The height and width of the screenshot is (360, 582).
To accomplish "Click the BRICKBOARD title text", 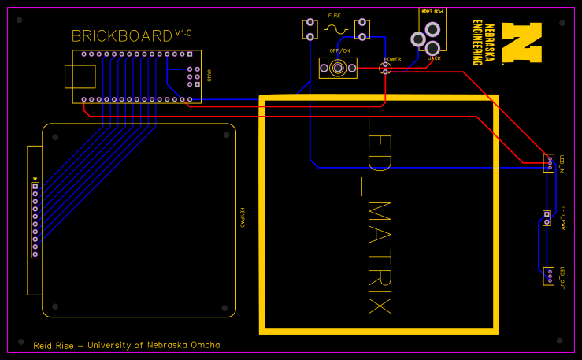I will tap(121, 36).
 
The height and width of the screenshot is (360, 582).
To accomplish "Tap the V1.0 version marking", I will tap(183, 33).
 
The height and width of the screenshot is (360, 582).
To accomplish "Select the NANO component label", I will tap(209, 75).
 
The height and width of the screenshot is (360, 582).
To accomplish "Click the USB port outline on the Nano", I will tap(80, 76).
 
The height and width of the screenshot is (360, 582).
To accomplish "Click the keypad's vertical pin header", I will tap(35, 220).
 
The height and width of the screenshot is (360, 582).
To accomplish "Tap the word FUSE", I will tap(334, 16).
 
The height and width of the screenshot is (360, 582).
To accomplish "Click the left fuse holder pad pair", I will tap(310, 30).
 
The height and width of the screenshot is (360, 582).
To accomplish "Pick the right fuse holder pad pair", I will tap(362, 30).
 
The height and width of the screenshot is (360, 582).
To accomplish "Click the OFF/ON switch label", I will tap(339, 50).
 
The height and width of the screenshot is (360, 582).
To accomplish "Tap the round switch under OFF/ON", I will tap(338, 69).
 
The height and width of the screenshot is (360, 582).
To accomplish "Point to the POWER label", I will tap(391, 59).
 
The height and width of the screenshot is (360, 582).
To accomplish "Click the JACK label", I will tap(434, 58).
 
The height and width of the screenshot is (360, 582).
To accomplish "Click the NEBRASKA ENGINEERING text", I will tap(484, 42).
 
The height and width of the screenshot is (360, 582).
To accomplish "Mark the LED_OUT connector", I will tap(548, 276).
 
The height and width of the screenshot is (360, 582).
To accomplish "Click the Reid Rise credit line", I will tap(126, 345).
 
